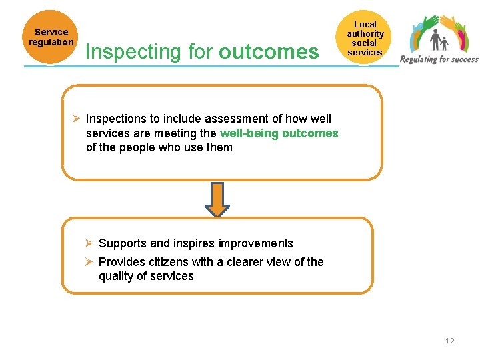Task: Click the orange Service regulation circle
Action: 51,37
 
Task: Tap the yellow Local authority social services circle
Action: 365,38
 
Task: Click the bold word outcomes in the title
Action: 269,51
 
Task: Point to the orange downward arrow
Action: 217,199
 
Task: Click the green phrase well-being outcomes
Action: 279,133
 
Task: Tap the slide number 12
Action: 450,341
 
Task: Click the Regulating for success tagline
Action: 439,59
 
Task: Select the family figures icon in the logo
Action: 439,41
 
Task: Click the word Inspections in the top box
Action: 115,119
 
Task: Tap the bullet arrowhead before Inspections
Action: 77,119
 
